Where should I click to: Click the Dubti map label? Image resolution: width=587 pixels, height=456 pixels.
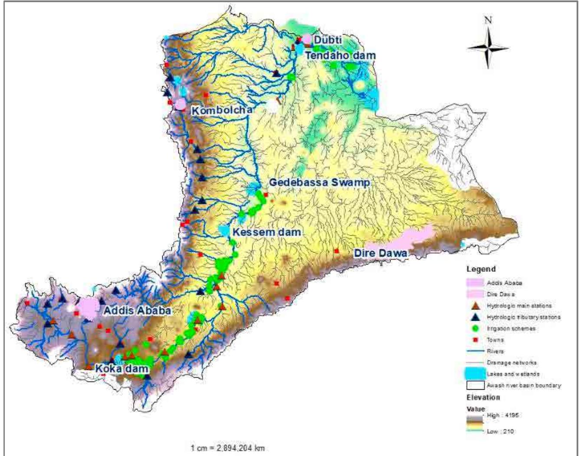(328, 40)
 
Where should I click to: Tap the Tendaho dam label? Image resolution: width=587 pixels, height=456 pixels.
(340, 55)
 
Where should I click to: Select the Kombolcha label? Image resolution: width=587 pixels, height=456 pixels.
(222, 110)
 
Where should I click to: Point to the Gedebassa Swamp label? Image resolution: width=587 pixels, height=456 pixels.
(319, 182)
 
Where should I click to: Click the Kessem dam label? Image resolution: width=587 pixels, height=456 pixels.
(266, 232)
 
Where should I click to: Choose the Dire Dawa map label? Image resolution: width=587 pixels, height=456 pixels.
(380, 253)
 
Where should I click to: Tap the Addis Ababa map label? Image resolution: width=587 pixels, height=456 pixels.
(137, 310)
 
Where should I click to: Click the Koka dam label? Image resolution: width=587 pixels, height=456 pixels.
(122, 369)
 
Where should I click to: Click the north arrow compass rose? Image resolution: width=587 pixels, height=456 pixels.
(488, 48)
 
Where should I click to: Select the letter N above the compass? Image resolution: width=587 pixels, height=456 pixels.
(488, 20)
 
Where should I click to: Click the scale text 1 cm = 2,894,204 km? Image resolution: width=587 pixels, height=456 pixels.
(227, 448)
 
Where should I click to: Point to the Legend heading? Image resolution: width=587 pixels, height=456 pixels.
(481, 269)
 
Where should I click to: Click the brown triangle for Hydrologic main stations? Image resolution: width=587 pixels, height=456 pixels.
(476, 306)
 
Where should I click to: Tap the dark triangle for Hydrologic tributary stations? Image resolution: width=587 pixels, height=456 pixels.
(476, 317)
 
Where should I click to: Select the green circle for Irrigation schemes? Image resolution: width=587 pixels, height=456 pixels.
(476, 329)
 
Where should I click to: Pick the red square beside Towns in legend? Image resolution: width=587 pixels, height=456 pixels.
(476, 340)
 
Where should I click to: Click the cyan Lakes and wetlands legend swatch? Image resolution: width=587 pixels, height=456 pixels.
(476, 373)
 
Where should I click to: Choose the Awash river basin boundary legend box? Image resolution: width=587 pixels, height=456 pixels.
(476, 385)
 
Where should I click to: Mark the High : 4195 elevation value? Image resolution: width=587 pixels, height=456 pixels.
(502, 415)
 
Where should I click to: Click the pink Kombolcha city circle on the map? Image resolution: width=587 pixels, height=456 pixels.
(180, 104)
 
